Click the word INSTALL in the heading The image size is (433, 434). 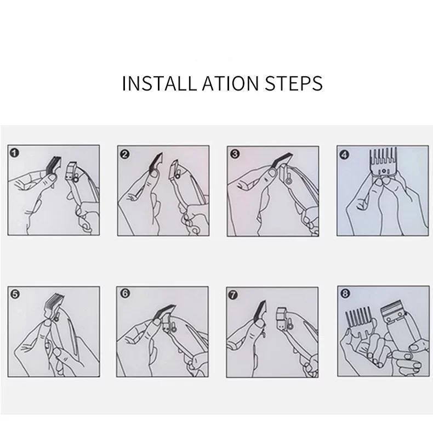click(x=159, y=83)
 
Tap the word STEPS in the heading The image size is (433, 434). click(x=294, y=83)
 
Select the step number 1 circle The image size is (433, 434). click(x=14, y=153)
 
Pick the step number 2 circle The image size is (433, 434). click(x=125, y=154)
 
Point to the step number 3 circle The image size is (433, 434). click(x=235, y=154)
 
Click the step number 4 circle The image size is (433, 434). click(x=344, y=154)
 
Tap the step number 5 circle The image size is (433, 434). click(x=15, y=294)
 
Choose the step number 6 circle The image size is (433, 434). click(x=125, y=293)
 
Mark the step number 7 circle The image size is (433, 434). click(x=233, y=295)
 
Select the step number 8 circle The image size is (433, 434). click(x=345, y=293)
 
